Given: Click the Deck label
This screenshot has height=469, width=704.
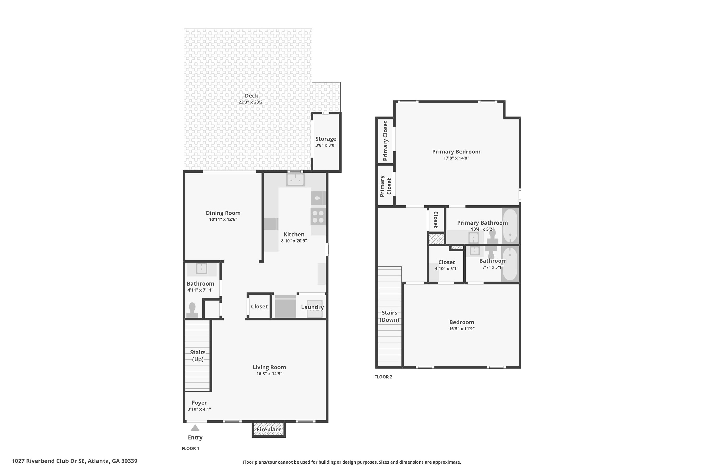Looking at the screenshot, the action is pyautogui.click(x=251, y=96).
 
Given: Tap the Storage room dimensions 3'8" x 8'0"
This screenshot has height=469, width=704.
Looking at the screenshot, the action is pyautogui.click(x=326, y=145).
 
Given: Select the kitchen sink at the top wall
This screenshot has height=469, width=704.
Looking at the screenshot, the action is pyautogui.click(x=295, y=180).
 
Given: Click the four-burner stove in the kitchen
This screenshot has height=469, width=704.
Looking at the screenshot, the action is pyautogui.click(x=318, y=217).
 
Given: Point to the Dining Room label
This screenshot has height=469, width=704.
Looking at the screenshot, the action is pyautogui.click(x=223, y=213).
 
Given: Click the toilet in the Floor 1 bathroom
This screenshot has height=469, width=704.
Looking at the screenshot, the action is pyautogui.click(x=192, y=310).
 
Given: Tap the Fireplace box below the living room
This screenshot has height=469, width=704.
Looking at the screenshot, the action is pyautogui.click(x=269, y=429).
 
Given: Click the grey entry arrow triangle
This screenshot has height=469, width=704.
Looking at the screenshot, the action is pyautogui.click(x=195, y=428).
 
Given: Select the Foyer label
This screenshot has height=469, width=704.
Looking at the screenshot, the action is pyautogui.click(x=199, y=403).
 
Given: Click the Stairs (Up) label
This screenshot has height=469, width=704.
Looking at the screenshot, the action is pyautogui.click(x=198, y=356).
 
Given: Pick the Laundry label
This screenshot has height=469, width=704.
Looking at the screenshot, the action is pyautogui.click(x=312, y=307).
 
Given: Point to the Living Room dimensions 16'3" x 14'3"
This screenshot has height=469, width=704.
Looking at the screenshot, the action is pyautogui.click(x=269, y=374).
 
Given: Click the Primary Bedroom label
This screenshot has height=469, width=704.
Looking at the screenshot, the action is pyautogui.click(x=456, y=152).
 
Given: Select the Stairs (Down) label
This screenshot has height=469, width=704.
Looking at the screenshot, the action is pyautogui.click(x=389, y=316).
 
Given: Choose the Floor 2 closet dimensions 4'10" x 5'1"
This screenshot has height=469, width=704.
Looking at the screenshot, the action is pyautogui.click(x=446, y=269).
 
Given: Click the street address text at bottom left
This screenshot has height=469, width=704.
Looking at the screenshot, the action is pyautogui.click(x=75, y=461).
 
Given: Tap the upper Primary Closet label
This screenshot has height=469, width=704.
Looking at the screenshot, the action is pyautogui.click(x=385, y=141).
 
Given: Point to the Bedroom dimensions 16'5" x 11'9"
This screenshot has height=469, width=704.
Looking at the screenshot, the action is pyautogui.click(x=462, y=328).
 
